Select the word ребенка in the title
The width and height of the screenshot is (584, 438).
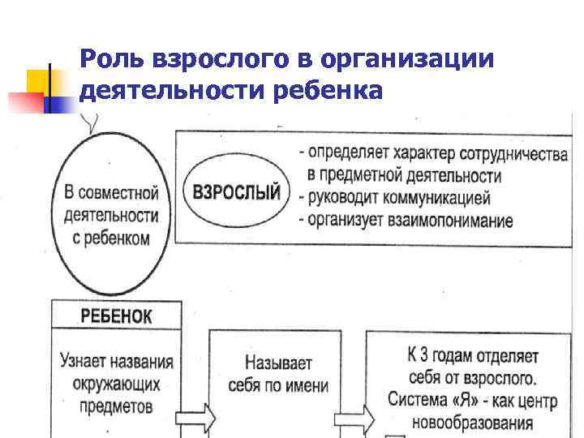click(330, 91)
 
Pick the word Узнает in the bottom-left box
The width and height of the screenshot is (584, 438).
click(88, 360)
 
